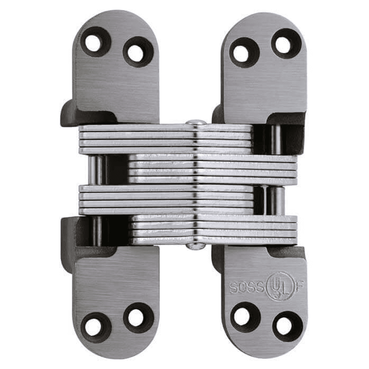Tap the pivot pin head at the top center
196,122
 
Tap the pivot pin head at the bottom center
196,247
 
